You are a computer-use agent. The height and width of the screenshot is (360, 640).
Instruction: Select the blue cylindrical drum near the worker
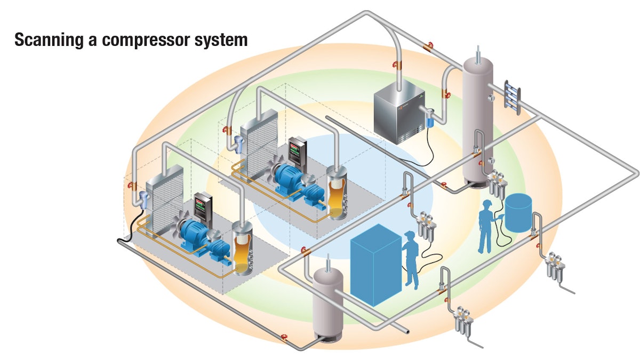519,213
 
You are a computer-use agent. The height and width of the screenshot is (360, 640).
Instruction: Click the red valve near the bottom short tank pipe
284,338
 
